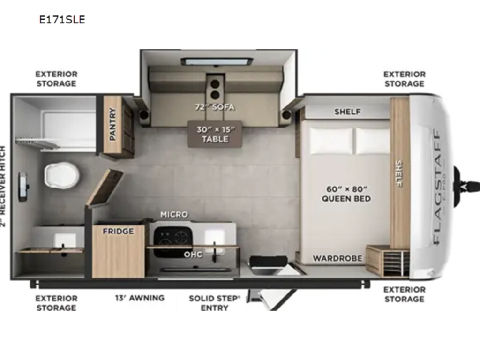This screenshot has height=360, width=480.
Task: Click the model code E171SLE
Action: click(x=62, y=20)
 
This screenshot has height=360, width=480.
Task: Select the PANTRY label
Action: click(x=112, y=124)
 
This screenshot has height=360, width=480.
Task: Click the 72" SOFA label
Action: click(x=215, y=107)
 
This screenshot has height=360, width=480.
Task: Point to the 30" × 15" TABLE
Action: click(x=215, y=134)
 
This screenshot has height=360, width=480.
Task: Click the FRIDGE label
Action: click(x=118, y=231)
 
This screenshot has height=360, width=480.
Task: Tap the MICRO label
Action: click(x=174, y=215)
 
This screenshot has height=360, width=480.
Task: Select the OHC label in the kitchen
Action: click(x=193, y=255)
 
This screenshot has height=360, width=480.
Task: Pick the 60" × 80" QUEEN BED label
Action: click(x=346, y=194)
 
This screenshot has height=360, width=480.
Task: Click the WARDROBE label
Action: click(x=337, y=259)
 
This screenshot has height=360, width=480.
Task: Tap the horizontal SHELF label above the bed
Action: click(x=347, y=112)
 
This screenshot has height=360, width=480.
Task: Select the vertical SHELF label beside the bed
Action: click(x=398, y=173)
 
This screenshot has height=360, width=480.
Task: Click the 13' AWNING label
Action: click(x=140, y=298)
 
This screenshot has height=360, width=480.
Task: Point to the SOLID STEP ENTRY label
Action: click(x=215, y=303)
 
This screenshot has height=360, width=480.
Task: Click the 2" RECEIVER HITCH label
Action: click(x=3, y=186)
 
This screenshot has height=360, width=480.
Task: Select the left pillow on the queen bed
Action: click(x=331, y=141)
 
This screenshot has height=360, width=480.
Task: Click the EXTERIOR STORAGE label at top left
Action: click(x=56, y=79)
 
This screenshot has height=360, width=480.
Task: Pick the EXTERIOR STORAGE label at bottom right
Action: click(x=405, y=294)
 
